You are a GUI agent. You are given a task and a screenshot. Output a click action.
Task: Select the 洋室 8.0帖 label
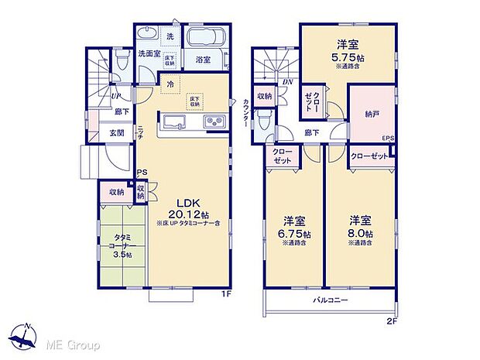point(360,228)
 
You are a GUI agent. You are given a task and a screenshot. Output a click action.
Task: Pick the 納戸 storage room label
point(373,113)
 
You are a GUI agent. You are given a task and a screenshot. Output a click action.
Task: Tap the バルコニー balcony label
point(330,300)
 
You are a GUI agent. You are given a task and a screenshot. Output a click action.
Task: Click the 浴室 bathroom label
point(204,58)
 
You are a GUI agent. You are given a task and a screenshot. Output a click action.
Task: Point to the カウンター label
point(245,113)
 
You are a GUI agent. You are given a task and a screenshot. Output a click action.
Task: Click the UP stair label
point(114,96)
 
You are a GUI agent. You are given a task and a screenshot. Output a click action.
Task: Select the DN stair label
point(286,82)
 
